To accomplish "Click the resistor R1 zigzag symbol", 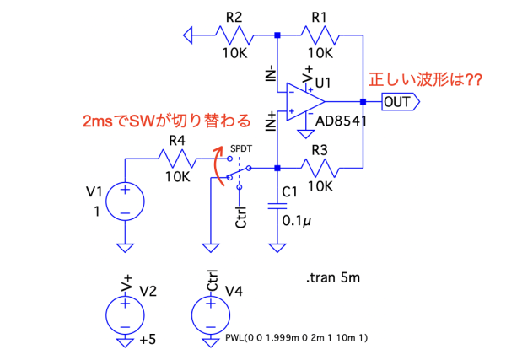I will click(x=320, y=35).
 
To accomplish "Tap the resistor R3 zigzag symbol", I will click(x=320, y=166).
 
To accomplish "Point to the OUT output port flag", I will click(x=400, y=102).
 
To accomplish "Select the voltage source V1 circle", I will click(x=124, y=201).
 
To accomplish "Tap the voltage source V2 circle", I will click(x=124, y=314).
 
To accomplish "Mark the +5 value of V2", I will click(x=149, y=339).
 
